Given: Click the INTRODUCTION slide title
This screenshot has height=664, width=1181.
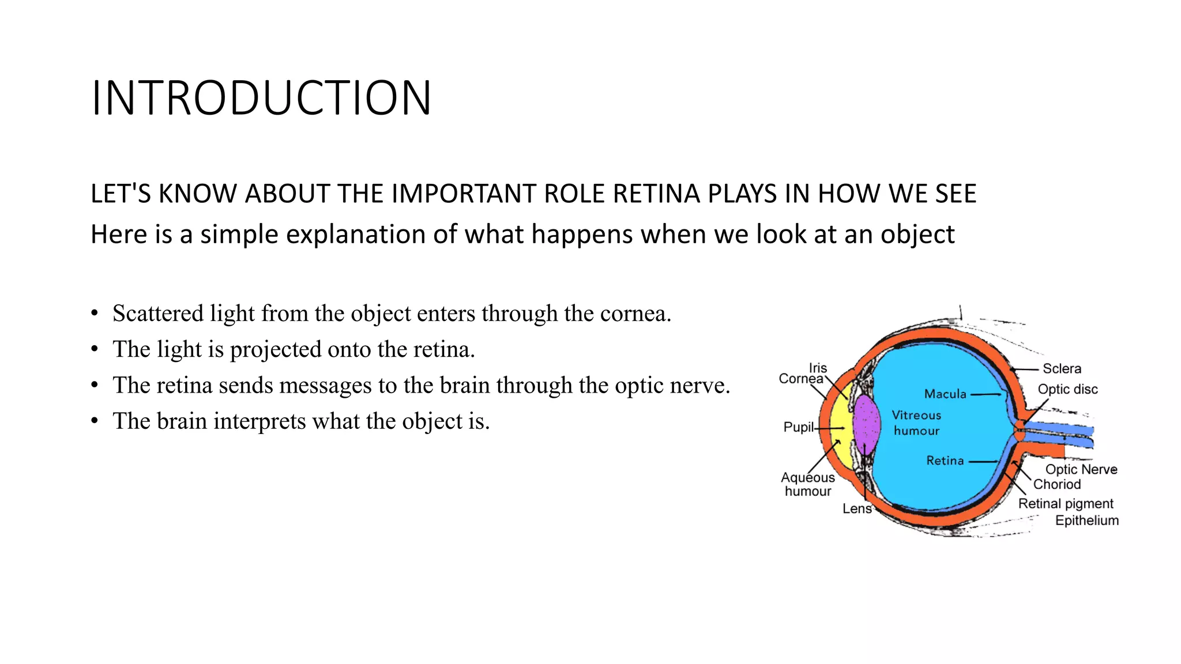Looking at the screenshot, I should [261, 98].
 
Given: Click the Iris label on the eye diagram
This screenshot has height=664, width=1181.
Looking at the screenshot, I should [818, 368].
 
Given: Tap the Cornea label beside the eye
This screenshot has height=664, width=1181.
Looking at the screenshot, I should [800, 379].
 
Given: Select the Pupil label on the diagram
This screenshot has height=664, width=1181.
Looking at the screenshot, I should [798, 427].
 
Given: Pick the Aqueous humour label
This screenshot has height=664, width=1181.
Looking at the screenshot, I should [807, 484].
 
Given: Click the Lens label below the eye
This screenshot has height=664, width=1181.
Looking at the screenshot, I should [856, 508].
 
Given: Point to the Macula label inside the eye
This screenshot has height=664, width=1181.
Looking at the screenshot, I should [945, 394].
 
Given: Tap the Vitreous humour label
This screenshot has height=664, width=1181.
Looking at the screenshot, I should [916, 423].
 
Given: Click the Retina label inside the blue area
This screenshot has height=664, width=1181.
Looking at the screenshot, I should [945, 461].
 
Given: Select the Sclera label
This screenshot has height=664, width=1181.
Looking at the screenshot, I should [1062, 369].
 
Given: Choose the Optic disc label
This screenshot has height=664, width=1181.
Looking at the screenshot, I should [1067, 390].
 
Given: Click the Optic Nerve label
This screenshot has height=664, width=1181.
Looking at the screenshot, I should [1081, 469].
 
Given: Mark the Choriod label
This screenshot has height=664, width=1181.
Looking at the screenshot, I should [1056, 484].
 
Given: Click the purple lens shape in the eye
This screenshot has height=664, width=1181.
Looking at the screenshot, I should [867, 425].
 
